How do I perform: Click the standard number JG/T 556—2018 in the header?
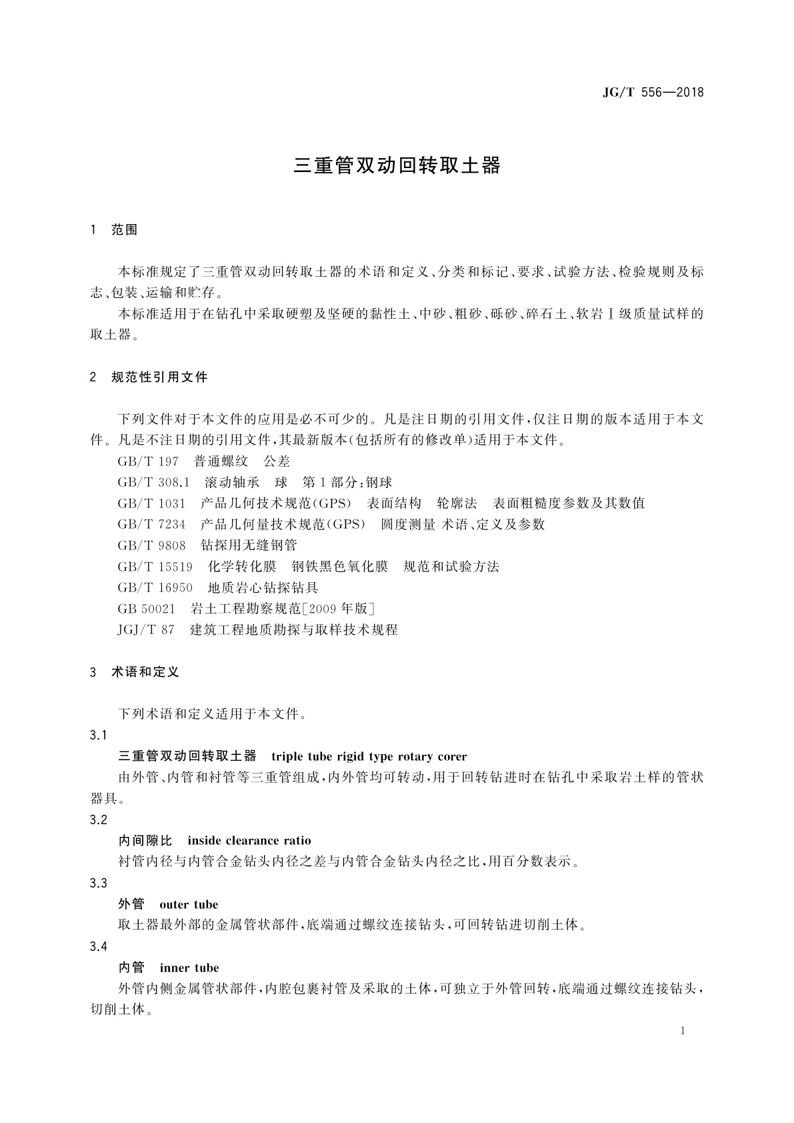coord(653,93)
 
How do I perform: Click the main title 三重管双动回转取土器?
coord(397,166)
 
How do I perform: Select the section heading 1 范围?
coord(114,230)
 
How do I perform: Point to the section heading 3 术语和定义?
coord(135,672)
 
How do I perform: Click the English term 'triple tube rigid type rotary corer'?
coord(369,757)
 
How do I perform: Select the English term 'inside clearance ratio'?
coord(249,841)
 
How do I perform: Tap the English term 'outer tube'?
coord(189,905)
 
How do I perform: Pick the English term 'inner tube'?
coord(189,968)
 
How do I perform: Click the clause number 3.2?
coord(98,820)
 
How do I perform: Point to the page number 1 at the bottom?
coord(683,1031)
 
